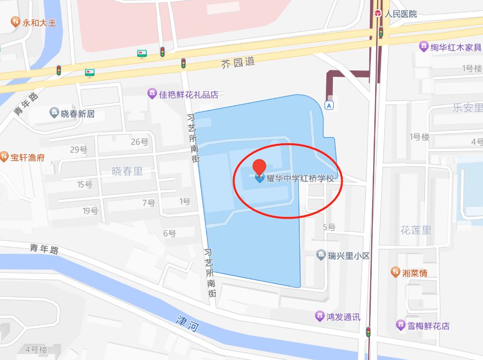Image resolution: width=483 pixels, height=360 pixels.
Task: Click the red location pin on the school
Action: coord(259,167)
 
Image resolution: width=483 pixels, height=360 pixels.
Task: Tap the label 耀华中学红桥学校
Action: coord(300,179)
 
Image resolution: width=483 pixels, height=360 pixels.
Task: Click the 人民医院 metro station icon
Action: coord(378,13)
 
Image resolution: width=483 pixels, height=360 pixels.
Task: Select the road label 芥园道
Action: coord(238,63)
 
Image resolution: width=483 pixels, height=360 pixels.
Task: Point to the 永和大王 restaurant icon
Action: coord(15,22)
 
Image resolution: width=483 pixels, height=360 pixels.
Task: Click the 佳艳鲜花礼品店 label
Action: coord(189,94)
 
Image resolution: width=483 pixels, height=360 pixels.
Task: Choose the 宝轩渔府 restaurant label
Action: coord(28,158)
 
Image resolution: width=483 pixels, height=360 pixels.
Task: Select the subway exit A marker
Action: coord(329,105)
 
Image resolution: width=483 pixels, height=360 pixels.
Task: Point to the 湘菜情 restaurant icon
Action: coord(395,272)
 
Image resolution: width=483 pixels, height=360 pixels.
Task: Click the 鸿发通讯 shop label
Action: coord(343,317)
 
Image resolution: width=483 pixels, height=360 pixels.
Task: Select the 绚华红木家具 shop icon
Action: coord(423,47)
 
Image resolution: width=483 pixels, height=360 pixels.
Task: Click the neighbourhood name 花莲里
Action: coord(416,230)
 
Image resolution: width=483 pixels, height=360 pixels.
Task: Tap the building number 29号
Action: coord(78,149)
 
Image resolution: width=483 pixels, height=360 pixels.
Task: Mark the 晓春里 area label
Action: coord(127,171)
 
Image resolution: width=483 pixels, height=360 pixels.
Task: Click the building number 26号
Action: coord(139,142)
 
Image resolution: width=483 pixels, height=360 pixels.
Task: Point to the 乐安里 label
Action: coord(467,108)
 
